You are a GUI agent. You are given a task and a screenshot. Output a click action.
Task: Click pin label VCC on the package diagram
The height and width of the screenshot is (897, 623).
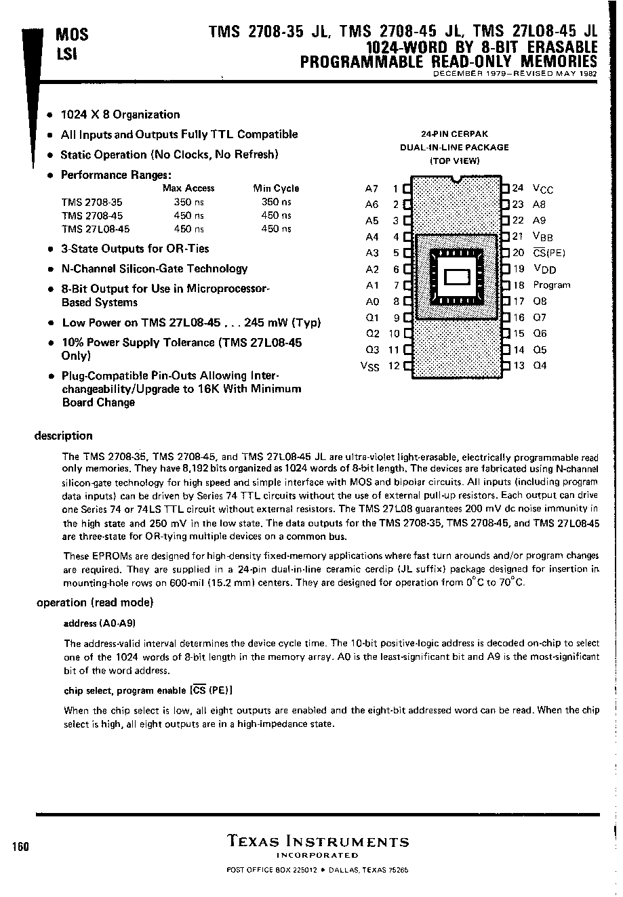(x=543, y=189)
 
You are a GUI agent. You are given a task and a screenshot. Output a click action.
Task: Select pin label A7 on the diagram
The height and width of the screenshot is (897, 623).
(x=371, y=189)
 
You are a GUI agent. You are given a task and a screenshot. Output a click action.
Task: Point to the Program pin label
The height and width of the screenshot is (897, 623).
(x=551, y=285)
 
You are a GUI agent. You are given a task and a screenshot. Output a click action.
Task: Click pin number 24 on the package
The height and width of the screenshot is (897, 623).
(x=518, y=188)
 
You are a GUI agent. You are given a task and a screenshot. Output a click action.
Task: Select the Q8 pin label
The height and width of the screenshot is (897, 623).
(x=540, y=301)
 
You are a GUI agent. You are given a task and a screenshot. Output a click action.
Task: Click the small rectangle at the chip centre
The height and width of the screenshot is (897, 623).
(x=456, y=277)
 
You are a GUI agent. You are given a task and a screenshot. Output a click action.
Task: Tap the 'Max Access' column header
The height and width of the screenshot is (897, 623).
(x=188, y=188)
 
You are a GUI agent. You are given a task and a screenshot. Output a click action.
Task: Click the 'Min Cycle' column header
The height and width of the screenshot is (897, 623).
(x=276, y=188)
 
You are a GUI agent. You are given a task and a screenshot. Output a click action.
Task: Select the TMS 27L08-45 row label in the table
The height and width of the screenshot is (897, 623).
(x=95, y=229)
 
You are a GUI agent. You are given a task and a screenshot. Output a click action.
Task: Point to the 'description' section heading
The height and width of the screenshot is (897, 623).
(x=63, y=436)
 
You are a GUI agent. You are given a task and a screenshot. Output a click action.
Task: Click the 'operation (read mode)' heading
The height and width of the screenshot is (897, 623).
(x=95, y=602)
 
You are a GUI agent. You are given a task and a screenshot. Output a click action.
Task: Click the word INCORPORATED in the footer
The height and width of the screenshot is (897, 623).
(x=317, y=856)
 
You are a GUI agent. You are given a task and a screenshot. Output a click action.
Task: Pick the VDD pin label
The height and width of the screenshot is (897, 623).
(x=544, y=269)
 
